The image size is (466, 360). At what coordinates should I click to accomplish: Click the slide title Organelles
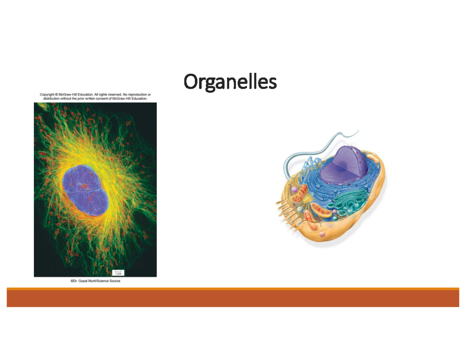[230, 82]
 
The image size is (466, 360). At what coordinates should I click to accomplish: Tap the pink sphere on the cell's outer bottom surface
[322, 234]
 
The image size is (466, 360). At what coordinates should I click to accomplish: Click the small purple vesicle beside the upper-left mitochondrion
[295, 190]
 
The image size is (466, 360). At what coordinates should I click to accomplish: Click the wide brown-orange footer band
[233, 298]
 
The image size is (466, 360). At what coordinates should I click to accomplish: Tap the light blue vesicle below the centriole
[300, 209]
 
